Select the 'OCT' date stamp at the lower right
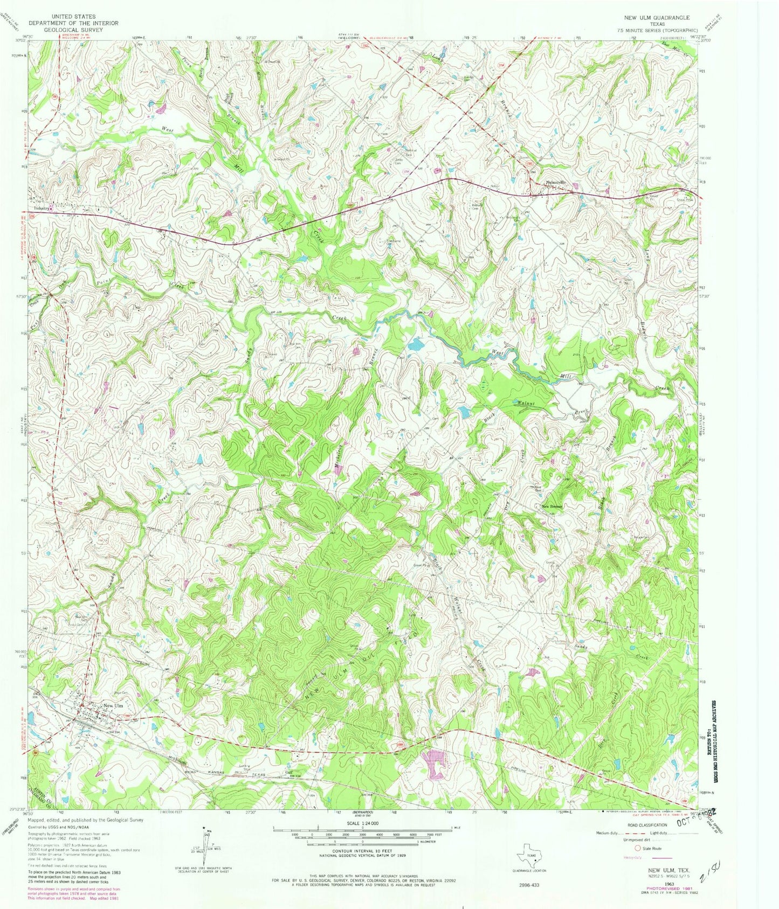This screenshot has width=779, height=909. tap(687, 818)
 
